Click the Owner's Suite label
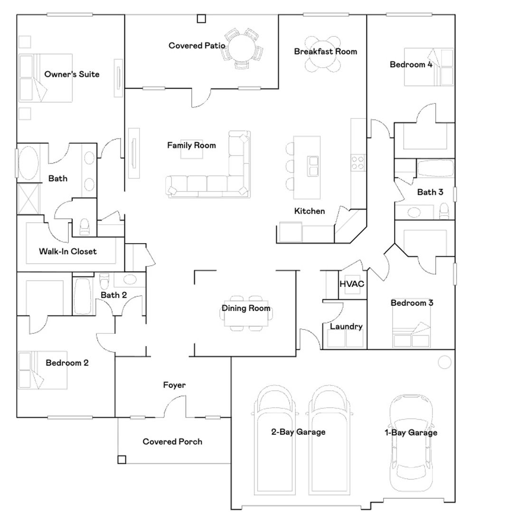[x=72, y=74]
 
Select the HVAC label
[x=351, y=284]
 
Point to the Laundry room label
[x=346, y=326]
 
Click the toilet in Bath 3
[x=444, y=210]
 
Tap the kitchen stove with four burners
[x=357, y=163]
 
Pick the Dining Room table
[x=246, y=313]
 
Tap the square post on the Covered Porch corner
[x=122, y=459]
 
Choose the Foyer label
[x=174, y=385]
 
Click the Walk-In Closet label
[x=67, y=251]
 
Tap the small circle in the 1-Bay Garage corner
[x=444, y=363]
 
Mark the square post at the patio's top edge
[x=202, y=19]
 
